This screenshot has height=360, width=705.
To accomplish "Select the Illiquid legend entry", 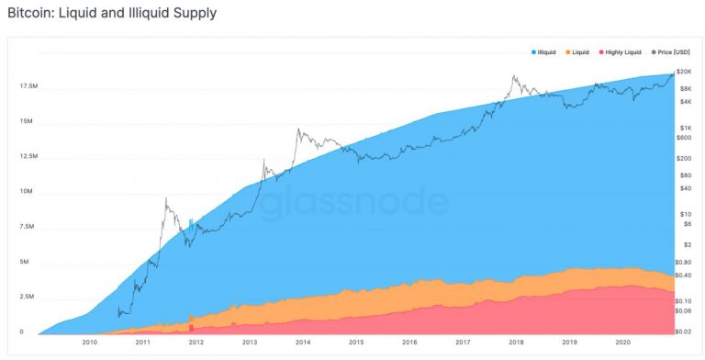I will tap(548, 52).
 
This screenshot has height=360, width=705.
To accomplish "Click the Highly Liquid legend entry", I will tap(623, 52).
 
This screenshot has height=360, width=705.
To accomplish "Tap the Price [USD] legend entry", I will tap(671, 52).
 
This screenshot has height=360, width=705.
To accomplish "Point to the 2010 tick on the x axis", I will tap(89, 342).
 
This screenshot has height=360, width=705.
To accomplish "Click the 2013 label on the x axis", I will tap(250, 342).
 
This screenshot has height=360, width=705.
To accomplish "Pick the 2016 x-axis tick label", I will tap(409, 342).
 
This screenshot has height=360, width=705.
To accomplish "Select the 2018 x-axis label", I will tap(516, 342).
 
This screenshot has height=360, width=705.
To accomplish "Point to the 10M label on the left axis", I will tap(25, 192).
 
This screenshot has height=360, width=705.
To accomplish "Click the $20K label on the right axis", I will tap(683, 72).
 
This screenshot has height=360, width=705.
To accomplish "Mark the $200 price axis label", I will tap(684, 158).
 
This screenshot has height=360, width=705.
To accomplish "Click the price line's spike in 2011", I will tap(165, 198).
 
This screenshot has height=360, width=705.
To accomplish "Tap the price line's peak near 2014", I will tap(298, 129).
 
